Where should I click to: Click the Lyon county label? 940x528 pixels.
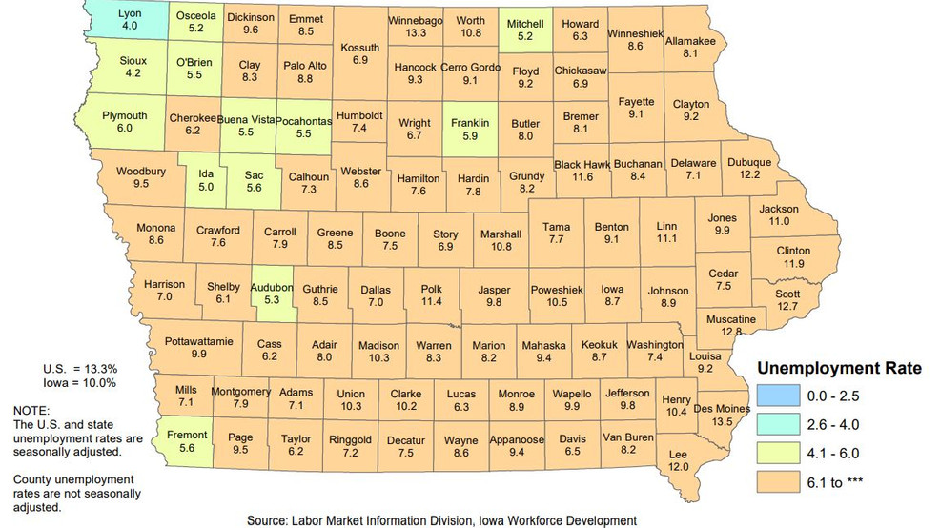pyautogui.click(x=129, y=14)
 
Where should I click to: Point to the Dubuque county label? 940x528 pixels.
pyautogui.click(x=749, y=162)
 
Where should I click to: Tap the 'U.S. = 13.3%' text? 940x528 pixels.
pyautogui.click(x=79, y=369)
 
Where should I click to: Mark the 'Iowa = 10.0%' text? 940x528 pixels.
pyautogui.click(x=79, y=382)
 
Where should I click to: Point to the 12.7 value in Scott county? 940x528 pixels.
pyautogui.click(x=787, y=306)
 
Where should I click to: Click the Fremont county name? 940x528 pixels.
pyautogui.click(x=187, y=436)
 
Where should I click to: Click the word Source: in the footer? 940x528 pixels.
pyautogui.click(x=269, y=520)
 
